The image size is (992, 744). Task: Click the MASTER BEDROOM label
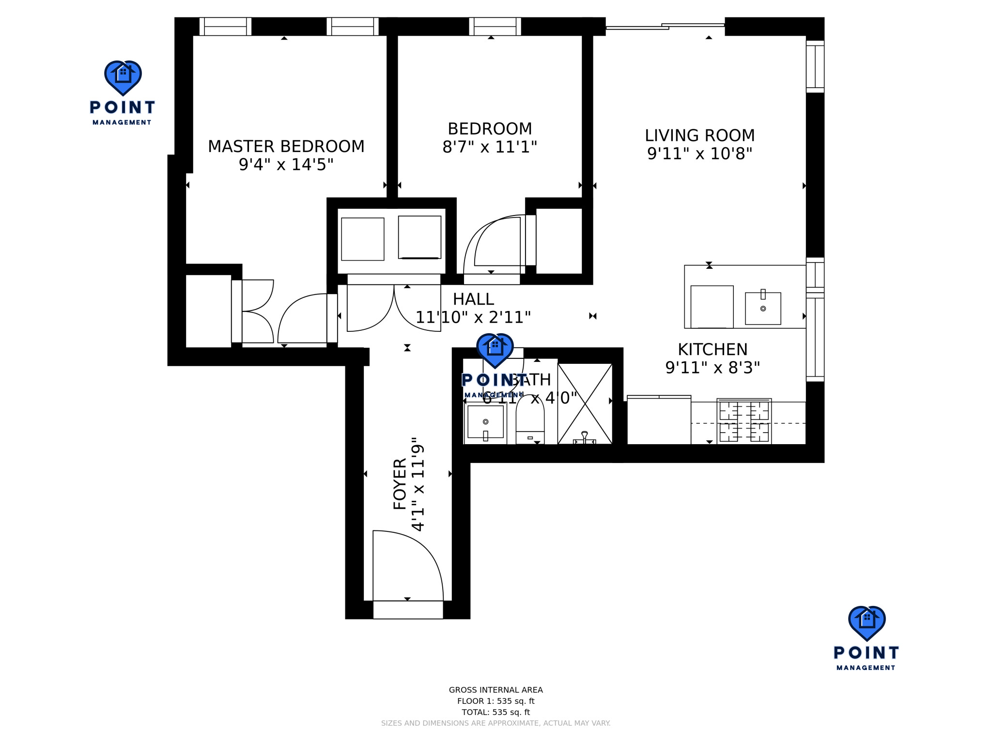[x=286, y=146]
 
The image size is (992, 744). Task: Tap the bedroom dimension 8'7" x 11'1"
[x=490, y=147]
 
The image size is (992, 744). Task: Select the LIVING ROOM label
[x=699, y=136]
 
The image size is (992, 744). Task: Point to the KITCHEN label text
[x=712, y=349]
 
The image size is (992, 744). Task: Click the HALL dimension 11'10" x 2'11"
[x=473, y=317]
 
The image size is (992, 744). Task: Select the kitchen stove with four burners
[x=744, y=421]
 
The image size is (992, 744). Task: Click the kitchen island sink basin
[x=763, y=309]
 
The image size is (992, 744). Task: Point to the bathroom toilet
[x=530, y=419]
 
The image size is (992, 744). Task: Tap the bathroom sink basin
[x=485, y=422]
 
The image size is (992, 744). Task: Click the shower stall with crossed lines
[x=585, y=403]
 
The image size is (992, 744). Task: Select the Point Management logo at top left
[x=123, y=92]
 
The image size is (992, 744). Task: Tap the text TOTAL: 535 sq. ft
[x=496, y=712]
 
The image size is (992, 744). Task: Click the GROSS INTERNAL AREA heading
[x=496, y=690]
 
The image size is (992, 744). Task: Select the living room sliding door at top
[x=665, y=26]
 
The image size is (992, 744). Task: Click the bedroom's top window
[x=495, y=26]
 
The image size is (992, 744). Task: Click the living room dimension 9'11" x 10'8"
[x=699, y=154]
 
